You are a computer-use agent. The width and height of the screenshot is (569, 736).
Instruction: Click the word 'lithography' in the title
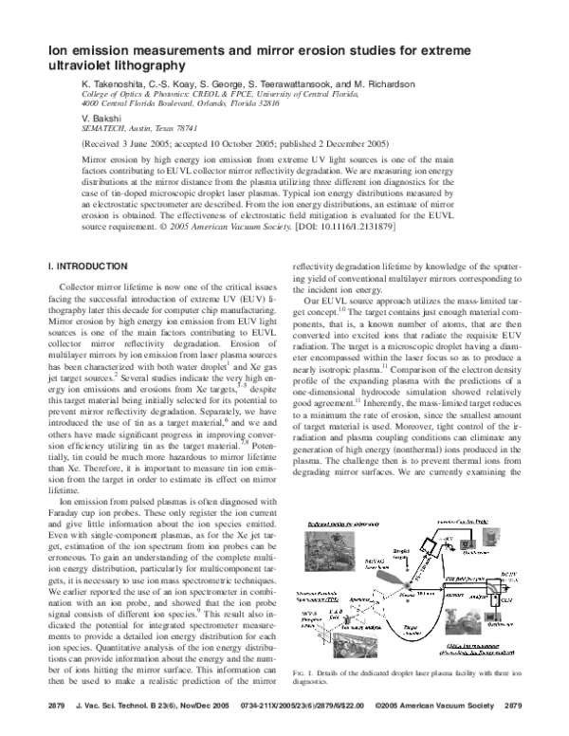(x=132, y=66)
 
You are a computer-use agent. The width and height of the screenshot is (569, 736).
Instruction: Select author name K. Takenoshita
(x=116, y=84)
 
